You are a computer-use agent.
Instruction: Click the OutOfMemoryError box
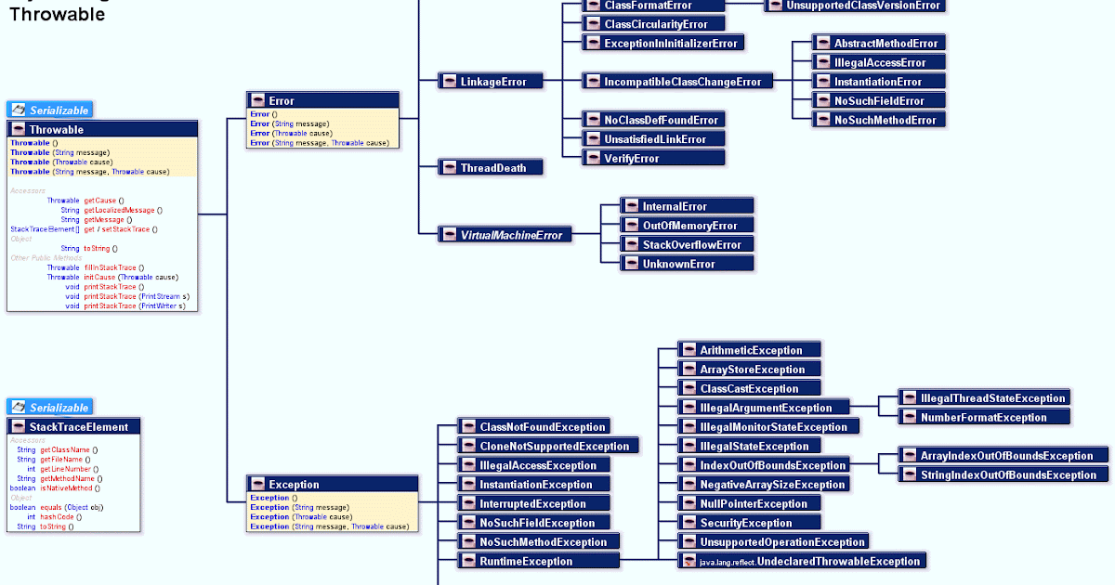(687, 226)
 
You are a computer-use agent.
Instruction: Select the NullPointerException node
(749, 503)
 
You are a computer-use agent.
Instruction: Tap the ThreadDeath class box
(490, 168)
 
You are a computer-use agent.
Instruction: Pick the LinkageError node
(490, 82)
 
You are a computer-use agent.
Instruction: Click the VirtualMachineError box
(504, 235)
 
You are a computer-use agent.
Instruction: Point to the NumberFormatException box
(982, 418)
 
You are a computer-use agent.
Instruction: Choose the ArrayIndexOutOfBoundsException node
(1003, 456)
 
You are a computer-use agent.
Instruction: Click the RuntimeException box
(536, 561)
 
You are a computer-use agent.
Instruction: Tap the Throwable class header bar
(102, 130)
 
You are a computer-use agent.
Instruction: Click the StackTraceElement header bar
(74, 426)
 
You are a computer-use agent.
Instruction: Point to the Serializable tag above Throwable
(49, 110)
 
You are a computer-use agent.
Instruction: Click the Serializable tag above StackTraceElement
(49, 408)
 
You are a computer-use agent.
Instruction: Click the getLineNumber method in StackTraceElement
(65, 469)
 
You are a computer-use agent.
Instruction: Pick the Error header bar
(322, 100)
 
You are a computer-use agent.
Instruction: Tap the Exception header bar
(333, 484)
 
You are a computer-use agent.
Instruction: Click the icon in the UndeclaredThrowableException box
(689, 561)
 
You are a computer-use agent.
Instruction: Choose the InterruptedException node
(532, 503)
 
